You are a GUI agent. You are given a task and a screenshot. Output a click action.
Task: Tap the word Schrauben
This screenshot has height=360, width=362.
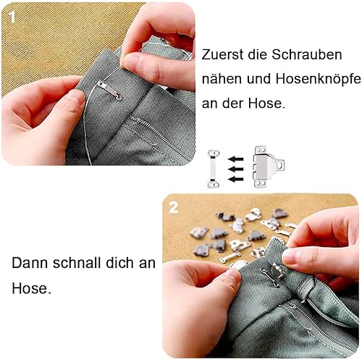point(307,54)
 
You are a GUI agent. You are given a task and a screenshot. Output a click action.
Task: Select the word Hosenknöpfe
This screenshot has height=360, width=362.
point(319,80)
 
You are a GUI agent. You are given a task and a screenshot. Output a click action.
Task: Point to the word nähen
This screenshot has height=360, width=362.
point(222,79)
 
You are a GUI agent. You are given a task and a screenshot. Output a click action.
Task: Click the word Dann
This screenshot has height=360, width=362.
point(30,263)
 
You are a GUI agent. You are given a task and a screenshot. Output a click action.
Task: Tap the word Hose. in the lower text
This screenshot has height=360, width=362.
point(32,288)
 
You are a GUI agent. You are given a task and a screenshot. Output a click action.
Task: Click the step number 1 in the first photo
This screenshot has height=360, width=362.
point(12,17)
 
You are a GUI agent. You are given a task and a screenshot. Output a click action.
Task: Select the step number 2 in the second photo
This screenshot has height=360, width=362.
point(174,207)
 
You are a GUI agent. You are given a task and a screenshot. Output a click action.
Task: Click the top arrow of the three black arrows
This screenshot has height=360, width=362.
point(236,159)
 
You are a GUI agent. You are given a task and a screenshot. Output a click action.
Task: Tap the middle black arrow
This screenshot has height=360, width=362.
point(236,169)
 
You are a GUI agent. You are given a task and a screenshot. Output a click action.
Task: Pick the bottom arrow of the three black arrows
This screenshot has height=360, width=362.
point(236,179)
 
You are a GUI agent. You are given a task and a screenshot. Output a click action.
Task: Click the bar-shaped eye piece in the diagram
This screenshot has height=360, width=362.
point(214,169)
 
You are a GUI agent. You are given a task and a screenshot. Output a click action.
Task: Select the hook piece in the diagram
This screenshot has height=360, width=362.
point(268,167)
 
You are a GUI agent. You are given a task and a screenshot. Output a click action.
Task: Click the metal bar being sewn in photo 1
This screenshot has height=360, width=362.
point(109,91)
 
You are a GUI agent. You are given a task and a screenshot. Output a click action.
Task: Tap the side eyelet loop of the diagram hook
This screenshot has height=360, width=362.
point(281,165)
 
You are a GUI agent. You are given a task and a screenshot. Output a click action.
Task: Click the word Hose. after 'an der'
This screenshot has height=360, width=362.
point(266,104)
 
